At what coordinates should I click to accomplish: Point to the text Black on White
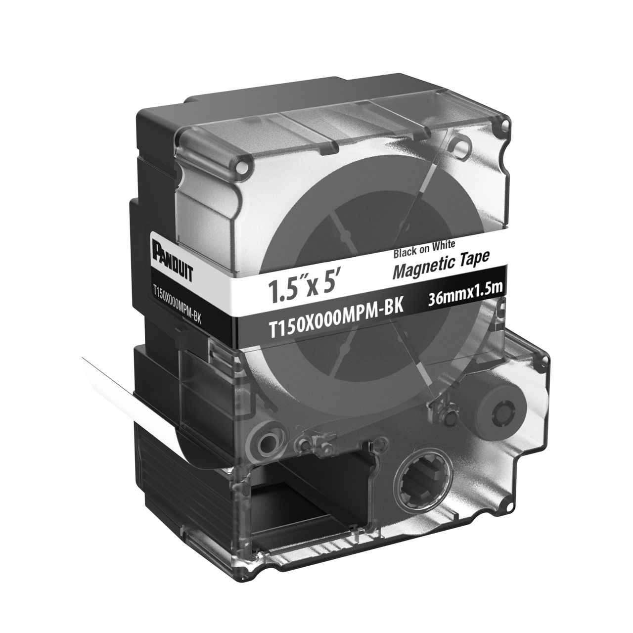[x=424, y=249]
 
